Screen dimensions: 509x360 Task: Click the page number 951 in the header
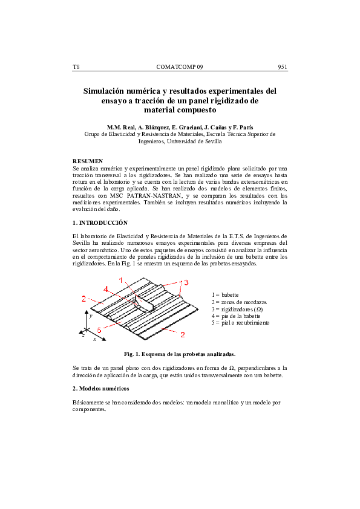tap(282, 66)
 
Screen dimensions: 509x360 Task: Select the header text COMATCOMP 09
tap(180, 66)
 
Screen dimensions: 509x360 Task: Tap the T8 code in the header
tap(76, 66)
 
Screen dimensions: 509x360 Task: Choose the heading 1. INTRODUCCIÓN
tap(100, 222)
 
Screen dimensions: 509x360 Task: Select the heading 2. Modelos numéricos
tap(100, 387)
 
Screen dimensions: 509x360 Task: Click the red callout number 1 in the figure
tap(121, 279)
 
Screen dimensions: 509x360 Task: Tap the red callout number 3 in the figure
tap(187, 282)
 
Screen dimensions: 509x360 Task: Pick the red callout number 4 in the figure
tap(106, 290)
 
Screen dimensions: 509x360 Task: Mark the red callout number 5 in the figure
tap(99, 329)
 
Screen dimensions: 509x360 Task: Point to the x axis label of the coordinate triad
tap(94, 340)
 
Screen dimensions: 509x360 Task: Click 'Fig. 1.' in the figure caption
tap(133, 354)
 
